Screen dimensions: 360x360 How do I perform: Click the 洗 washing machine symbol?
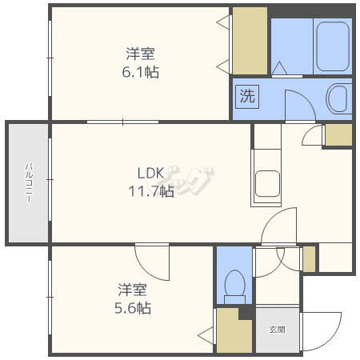click(x=247, y=97)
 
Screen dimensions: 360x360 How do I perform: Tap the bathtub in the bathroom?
click(x=333, y=46)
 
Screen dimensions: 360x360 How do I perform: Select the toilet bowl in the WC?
click(x=234, y=286)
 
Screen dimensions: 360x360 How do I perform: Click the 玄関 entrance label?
click(x=278, y=330)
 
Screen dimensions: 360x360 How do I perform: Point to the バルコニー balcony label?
click(x=29, y=183)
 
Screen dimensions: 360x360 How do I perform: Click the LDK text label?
click(x=150, y=174)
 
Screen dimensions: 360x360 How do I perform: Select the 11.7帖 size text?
click(x=151, y=191)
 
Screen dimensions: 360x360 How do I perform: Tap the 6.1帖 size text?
click(x=141, y=72)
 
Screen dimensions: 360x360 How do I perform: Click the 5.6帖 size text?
click(x=133, y=308)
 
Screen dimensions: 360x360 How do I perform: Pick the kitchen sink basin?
click(x=267, y=184)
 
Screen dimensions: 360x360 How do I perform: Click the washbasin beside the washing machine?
click(x=338, y=98)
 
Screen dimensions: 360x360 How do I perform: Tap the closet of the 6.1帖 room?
click(x=250, y=41)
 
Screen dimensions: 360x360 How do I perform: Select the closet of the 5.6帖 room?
click(x=234, y=330)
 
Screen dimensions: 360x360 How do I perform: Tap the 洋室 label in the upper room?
click(x=141, y=54)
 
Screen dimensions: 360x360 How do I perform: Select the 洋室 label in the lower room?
click(x=133, y=290)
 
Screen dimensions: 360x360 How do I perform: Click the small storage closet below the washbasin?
click(x=338, y=134)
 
